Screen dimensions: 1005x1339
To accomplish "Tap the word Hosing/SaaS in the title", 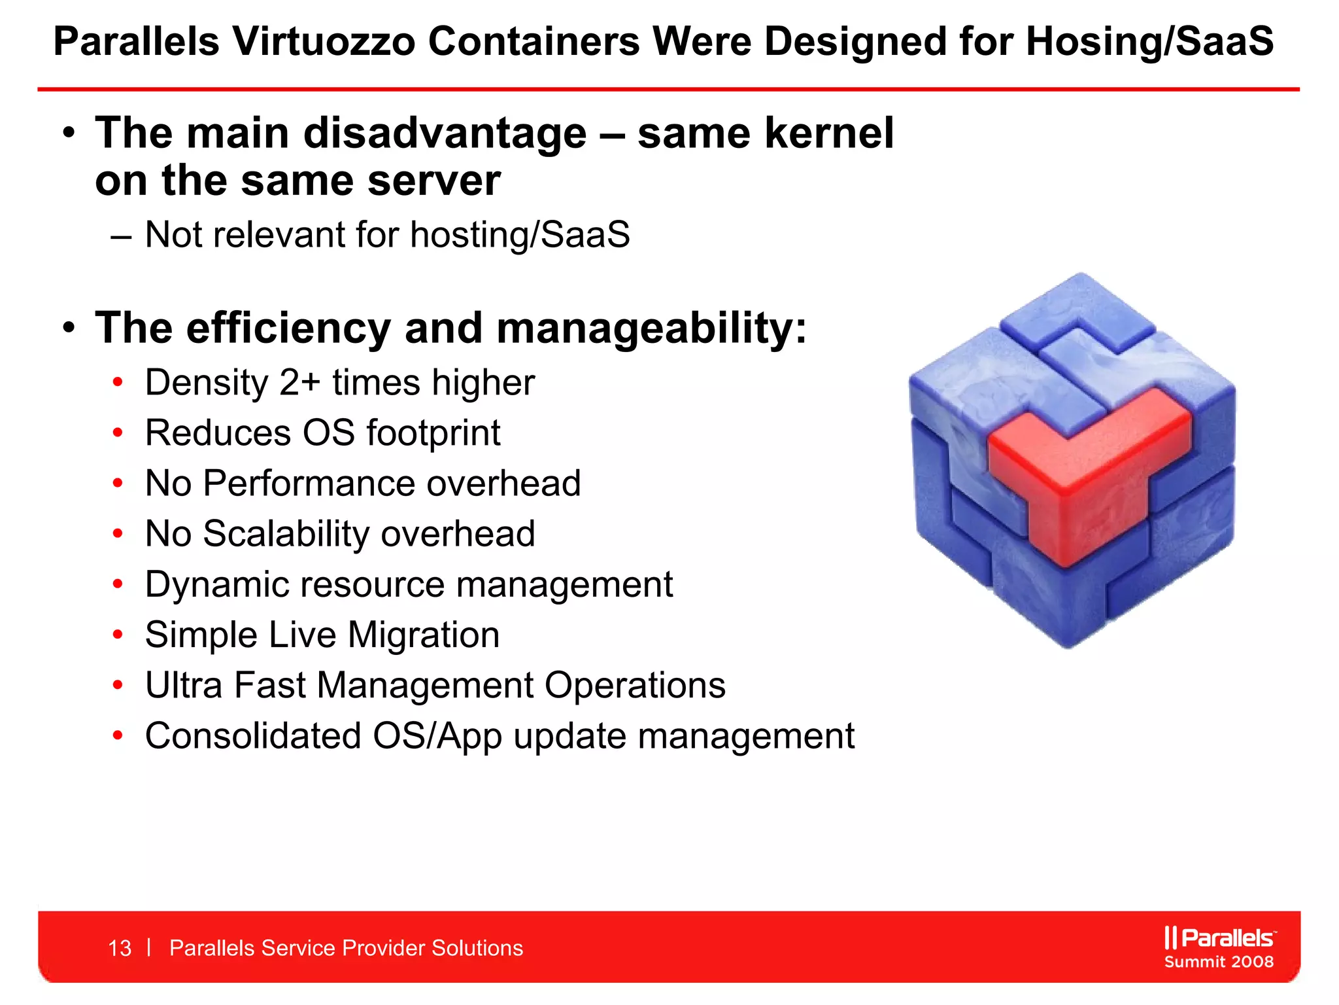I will click(1149, 42).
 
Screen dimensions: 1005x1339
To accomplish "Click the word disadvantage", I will click(445, 133).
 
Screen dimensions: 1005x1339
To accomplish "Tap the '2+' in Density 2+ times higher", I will click(299, 383).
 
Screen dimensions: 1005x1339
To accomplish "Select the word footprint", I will click(433, 433).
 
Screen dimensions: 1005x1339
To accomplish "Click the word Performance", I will click(309, 484).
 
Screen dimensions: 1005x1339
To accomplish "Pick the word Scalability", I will click(286, 534).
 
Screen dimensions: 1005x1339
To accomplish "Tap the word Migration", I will click(423, 635).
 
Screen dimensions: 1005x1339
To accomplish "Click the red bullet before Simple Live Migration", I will click(118, 635).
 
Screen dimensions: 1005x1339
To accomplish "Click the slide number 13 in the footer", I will click(120, 948).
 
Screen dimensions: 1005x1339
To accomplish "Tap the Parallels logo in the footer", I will click(1219, 938).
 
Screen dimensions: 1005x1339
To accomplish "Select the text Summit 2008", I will click(1219, 962).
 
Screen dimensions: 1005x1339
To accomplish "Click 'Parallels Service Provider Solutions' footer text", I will click(346, 948).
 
